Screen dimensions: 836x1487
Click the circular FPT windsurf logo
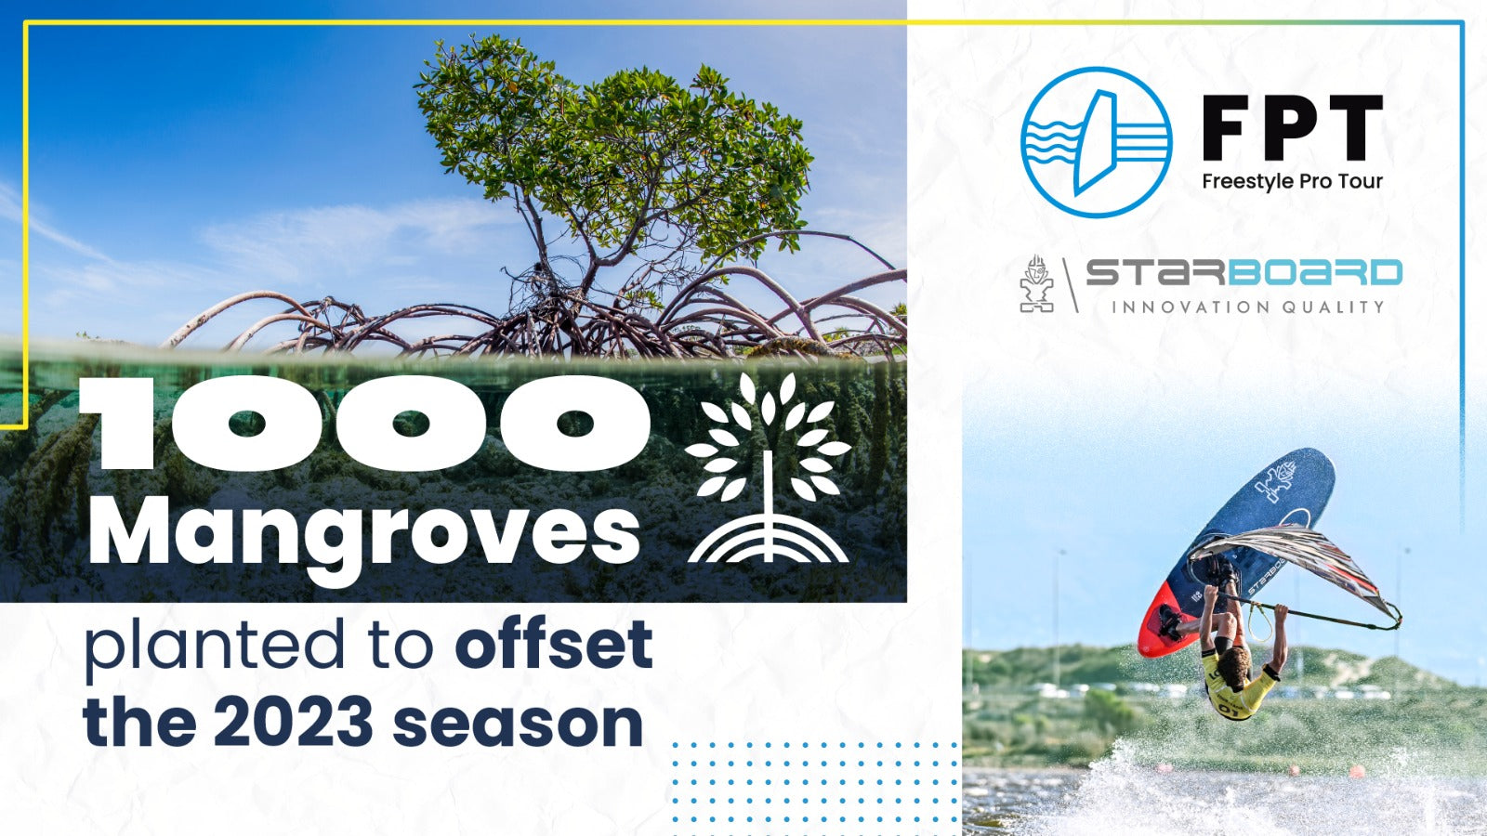1096,142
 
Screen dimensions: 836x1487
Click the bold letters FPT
1292,127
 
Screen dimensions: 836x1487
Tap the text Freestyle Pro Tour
1292,181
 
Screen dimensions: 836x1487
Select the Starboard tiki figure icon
1036,283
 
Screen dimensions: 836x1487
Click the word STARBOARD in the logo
1244,273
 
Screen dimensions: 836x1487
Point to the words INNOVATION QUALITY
1247,307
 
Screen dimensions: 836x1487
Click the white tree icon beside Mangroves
768,469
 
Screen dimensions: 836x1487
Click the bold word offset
553,645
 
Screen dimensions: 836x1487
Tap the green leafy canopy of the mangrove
613,139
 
